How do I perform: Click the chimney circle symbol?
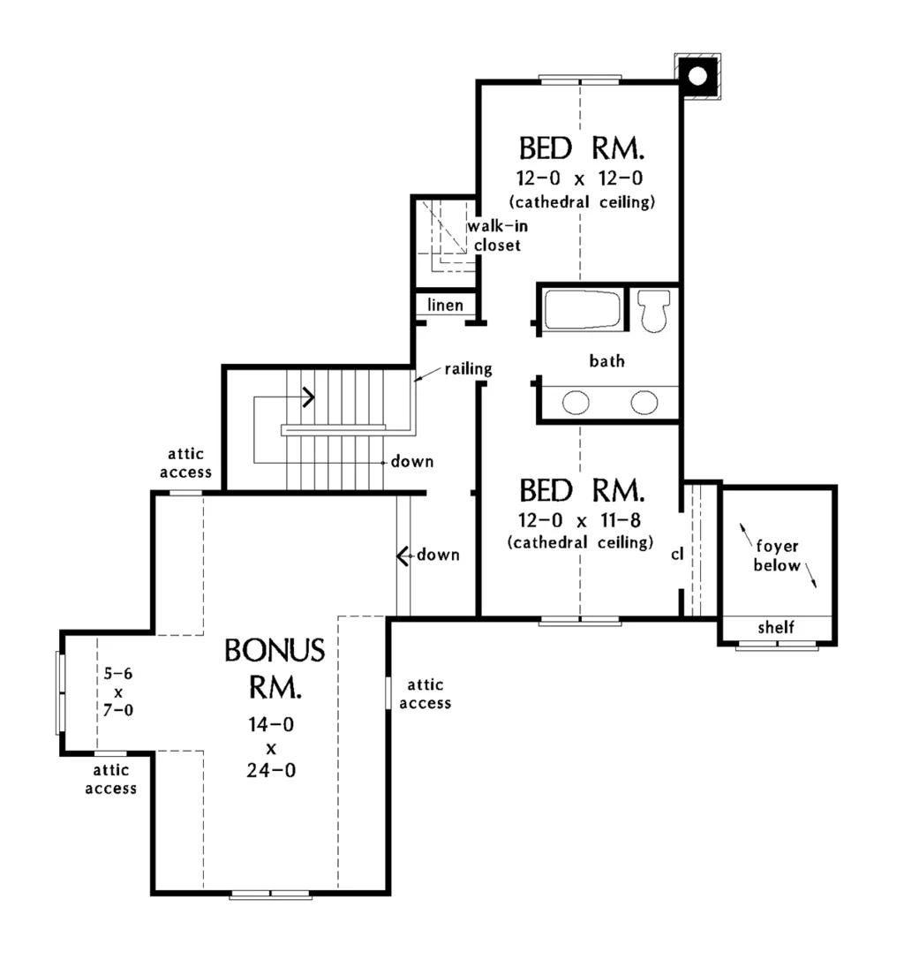point(697,76)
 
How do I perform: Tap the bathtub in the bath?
point(581,309)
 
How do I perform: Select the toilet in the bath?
point(654,310)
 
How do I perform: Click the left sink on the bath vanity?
point(576,404)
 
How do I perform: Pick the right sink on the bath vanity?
point(644,404)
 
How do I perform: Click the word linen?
point(446,305)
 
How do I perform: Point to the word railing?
point(468,368)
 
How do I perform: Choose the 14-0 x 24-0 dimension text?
point(272,747)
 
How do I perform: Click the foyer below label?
point(777,556)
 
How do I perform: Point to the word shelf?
point(777,628)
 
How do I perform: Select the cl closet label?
point(677,554)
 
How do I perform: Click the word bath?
point(607,360)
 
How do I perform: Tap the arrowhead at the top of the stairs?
point(309,397)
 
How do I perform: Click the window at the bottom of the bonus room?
point(270,895)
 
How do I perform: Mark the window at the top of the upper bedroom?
point(580,80)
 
